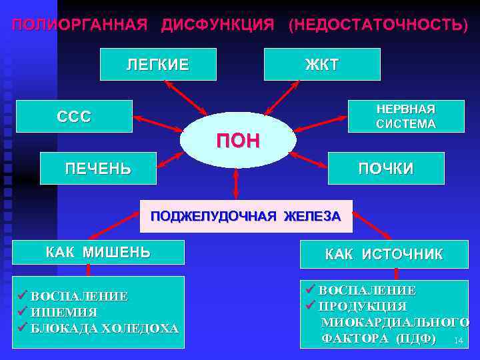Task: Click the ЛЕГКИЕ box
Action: [x=158, y=64]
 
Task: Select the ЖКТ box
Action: [x=322, y=64]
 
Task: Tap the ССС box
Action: [x=74, y=116]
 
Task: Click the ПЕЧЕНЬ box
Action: [x=98, y=168]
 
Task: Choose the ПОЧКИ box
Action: [x=386, y=168]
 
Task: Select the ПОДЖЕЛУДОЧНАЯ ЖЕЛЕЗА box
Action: [x=245, y=216]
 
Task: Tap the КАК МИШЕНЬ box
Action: [x=98, y=252]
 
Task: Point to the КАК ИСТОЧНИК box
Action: [x=383, y=254]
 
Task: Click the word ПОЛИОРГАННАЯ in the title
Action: [x=79, y=25]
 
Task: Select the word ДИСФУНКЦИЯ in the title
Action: [x=217, y=25]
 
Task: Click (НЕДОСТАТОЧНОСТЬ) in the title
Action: [x=377, y=25]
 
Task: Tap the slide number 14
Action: [x=457, y=341]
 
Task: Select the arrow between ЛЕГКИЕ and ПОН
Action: [x=186, y=97]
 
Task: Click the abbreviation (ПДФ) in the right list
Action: [x=417, y=339]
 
